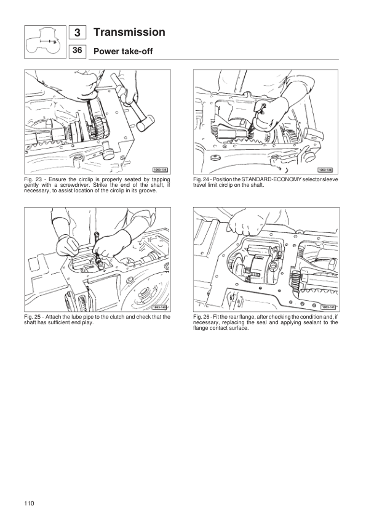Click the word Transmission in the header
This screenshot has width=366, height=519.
coord(129,32)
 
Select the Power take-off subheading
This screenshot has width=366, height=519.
coord(122,52)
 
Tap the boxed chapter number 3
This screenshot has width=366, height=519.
coord(78,33)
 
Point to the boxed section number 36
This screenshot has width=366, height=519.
coord(78,51)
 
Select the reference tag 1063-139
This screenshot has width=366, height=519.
coord(326,169)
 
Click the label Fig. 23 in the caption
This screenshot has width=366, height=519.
coord(33,179)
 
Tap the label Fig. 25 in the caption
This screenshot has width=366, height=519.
coord(33,317)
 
